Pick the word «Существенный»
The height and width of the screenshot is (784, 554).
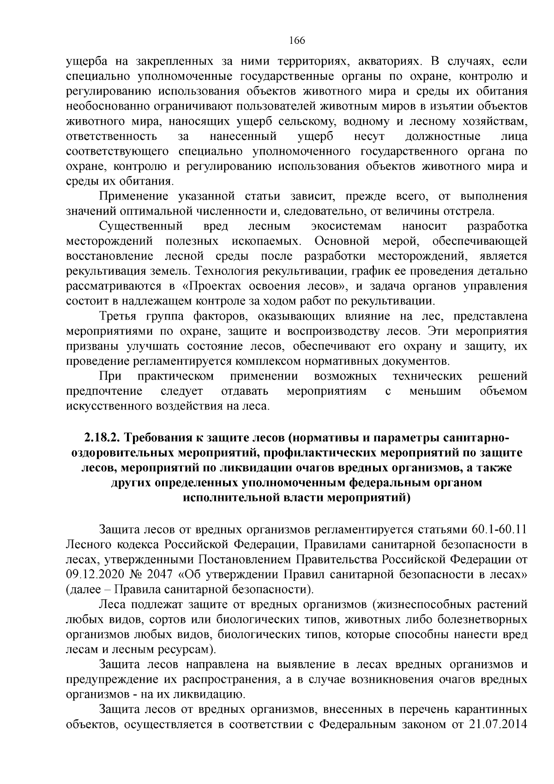(141, 227)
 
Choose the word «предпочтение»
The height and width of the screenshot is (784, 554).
(104, 392)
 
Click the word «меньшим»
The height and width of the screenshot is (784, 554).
(435, 392)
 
